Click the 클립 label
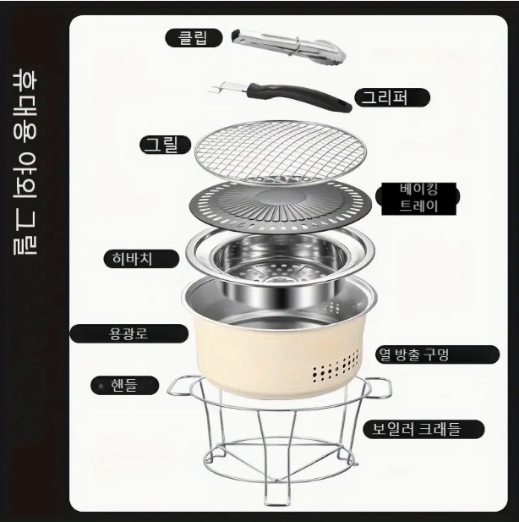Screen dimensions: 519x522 [194, 37]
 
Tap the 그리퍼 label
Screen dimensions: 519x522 [392, 97]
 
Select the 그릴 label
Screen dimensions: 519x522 [166, 145]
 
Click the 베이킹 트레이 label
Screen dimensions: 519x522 [418, 199]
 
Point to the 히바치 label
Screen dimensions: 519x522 [141, 259]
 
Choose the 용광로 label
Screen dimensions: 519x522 [129, 333]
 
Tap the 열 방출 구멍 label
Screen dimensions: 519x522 [438, 354]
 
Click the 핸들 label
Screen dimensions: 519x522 [124, 385]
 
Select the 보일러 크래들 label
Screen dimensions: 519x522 [423, 429]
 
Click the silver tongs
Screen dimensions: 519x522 [288, 47]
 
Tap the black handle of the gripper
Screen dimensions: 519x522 [299, 96]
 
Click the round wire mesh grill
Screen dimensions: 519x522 [280, 151]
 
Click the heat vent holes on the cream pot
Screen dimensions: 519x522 [336, 365]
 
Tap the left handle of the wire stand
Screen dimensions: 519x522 [180, 386]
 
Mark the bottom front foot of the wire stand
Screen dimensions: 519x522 [277, 499]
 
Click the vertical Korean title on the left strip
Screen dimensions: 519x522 [25, 162]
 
